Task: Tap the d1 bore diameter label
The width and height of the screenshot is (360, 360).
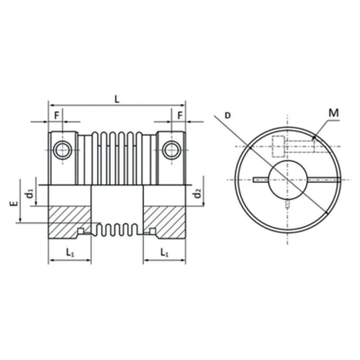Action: [31, 193]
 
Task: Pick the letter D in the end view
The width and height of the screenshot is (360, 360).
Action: [229, 116]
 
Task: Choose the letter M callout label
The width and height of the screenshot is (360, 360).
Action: [334, 112]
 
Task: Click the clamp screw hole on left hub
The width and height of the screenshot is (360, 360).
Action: [60, 147]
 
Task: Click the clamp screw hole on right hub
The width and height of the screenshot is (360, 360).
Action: [171, 147]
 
